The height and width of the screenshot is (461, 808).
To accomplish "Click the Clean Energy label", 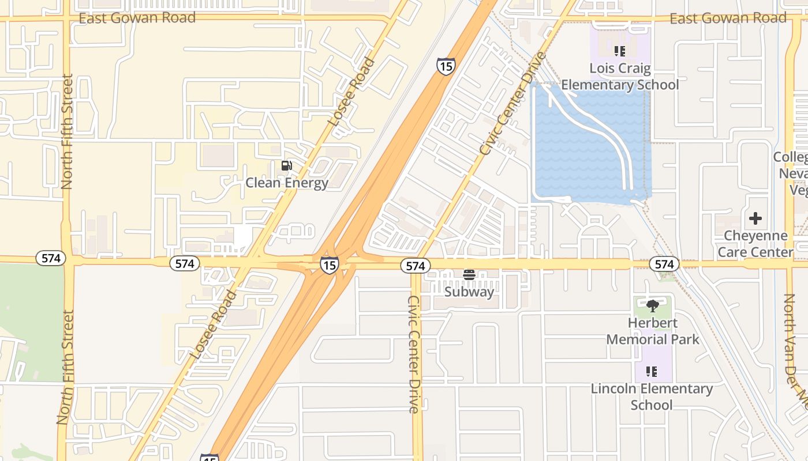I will [287, 183].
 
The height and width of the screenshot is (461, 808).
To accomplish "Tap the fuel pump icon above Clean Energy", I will [286, 166].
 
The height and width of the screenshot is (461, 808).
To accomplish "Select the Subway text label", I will [469, 292].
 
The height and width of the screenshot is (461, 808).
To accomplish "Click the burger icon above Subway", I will [469, 275].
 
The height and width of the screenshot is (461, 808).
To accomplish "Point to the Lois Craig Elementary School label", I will [620, 77].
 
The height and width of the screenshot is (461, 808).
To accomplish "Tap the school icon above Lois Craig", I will [620, 51].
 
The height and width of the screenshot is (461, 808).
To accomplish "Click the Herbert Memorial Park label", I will [653, 331].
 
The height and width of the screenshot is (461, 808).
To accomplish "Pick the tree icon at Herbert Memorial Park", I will [653, 306].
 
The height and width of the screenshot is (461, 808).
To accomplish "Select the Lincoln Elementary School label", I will [652, 396].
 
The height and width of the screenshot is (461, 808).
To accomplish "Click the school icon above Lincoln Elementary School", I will [652, 372].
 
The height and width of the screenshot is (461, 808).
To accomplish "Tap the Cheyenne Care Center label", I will [755, 244].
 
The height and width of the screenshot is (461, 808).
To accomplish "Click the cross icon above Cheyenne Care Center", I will [755, 218].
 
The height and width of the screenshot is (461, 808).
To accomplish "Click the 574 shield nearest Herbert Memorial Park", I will [664, 264].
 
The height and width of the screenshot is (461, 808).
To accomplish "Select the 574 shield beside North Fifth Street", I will [51, 258].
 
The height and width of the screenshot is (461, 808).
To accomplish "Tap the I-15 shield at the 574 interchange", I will [329, 265].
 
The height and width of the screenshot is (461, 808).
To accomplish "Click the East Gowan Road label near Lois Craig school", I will [728, 18].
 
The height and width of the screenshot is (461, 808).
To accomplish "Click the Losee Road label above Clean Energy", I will [351, 92].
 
